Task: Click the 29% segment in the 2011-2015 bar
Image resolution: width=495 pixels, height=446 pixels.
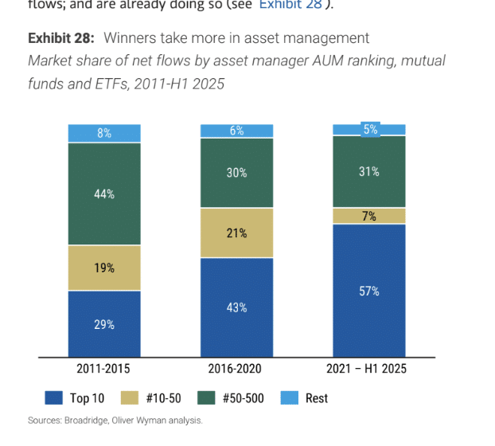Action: [104, 324]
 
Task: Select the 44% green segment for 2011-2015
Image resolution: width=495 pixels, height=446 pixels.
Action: [104, 194]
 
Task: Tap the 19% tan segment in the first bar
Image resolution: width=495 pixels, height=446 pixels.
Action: [104, 268]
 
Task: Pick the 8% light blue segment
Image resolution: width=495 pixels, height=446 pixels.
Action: [104, 133]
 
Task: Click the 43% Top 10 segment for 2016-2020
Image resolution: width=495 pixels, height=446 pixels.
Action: [236, 307]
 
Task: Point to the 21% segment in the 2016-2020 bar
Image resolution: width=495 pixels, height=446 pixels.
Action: [236, 233]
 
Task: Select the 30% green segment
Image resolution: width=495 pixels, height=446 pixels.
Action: [236, 173]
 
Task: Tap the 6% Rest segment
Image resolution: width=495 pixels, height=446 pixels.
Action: [236, 131]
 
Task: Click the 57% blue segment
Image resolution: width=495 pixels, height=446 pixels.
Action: [369, 291]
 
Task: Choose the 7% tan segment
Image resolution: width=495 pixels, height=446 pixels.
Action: [369, 216]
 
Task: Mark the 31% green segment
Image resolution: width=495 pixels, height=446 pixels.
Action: [369, 171]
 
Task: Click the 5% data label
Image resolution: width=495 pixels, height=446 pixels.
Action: [369, 129]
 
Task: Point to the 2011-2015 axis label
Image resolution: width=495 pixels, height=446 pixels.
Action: [104, 369]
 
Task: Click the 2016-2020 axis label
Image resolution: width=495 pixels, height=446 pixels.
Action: [236, 369]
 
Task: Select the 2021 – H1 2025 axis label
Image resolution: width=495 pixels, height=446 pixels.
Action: [369, 369]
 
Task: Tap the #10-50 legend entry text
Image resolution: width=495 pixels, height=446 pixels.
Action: [166, 397]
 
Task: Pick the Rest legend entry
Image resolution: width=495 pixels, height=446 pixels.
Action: [317, 397]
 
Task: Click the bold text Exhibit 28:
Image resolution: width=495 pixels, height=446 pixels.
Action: [61, 38]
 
